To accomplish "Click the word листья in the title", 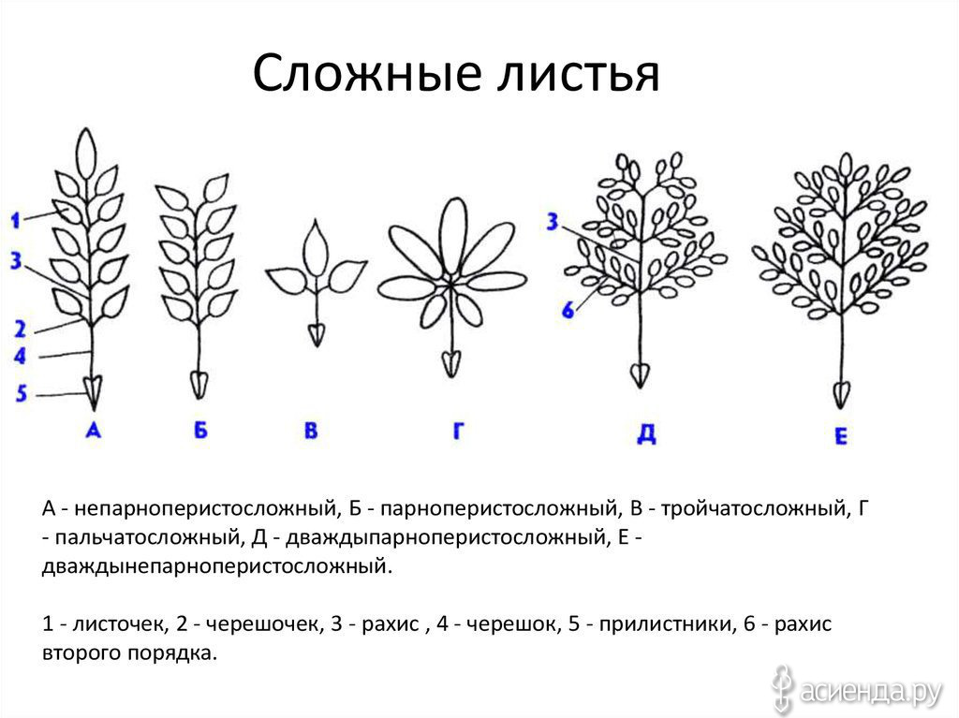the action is [578, 72].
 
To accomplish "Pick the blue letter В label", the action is [311, 431].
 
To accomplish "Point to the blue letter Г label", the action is [458, 431].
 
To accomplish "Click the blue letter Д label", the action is [646, 433].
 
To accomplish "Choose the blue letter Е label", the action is [841, 436].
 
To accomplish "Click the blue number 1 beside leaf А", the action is [15, 220].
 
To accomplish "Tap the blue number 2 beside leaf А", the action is [21, 329].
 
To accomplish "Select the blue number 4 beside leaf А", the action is [20, 356].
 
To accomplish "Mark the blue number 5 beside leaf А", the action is [22, 392].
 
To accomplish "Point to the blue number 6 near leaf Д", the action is [568, 310].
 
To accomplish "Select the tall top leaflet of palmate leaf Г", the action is [453, 236].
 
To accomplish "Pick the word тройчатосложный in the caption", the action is [754, 509].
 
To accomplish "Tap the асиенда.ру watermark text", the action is [871, 692].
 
